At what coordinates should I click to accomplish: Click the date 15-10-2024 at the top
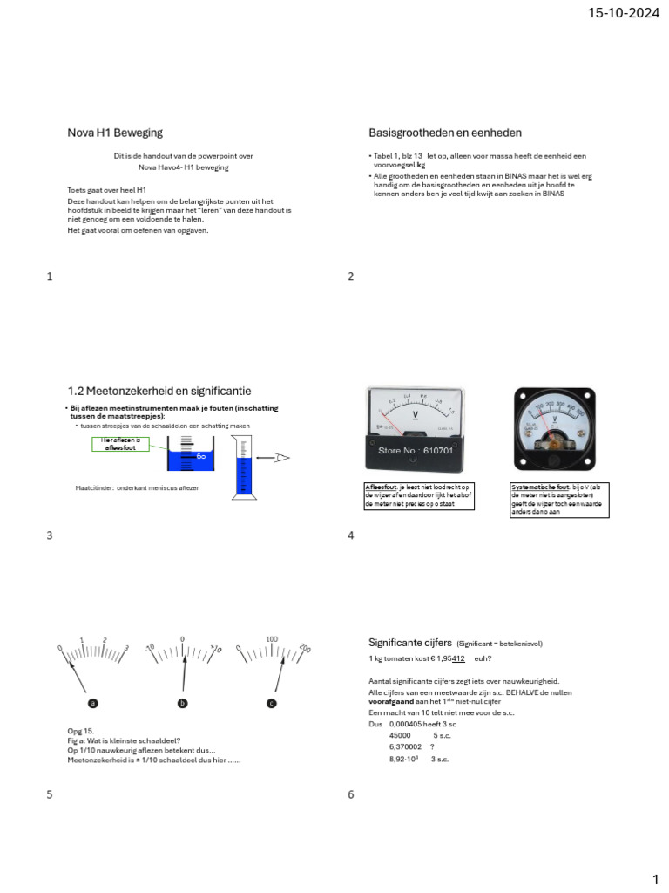click(625, 12)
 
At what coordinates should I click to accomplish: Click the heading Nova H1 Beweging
click(115, 133)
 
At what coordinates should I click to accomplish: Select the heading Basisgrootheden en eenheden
click(445, 133)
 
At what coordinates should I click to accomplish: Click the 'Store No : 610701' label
click(416, 451)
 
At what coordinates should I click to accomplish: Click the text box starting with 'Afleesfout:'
click(418, 494)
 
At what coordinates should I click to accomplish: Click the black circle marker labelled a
click(93, 702)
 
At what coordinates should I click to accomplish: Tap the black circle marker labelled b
click(183, 702)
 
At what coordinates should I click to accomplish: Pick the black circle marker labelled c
click(271, 702)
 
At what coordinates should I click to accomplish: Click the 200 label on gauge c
click(305, 648)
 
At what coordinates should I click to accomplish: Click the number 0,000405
click(409, 724)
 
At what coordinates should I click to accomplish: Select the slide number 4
click(350, 535)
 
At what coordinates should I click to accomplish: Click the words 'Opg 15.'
click(81, 731)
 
